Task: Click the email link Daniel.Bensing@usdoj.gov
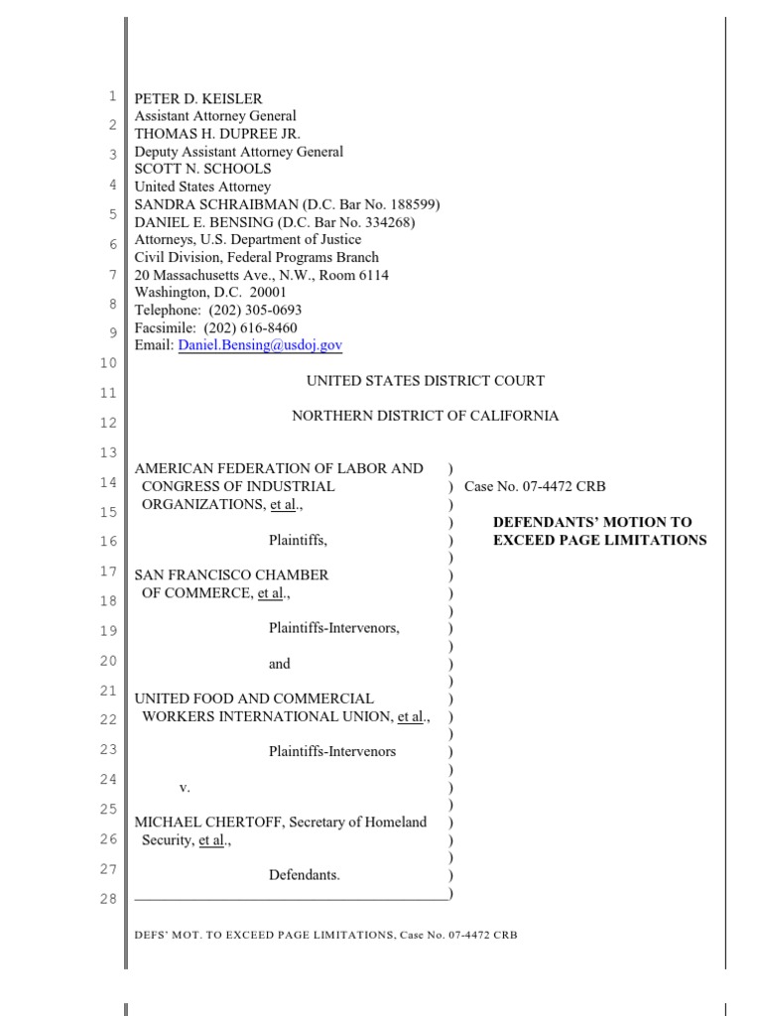point(260,345)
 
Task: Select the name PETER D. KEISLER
point(198,99)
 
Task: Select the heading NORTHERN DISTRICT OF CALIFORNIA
point(425,417)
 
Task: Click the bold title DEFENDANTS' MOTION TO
point(592,522)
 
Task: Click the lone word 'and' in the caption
point(280,664)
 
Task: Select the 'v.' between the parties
point(185,787)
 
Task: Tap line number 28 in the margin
point(109,899)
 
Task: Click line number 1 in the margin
point(113,96)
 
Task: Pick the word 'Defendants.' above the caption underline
point(304,875)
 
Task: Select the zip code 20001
point(267,293)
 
